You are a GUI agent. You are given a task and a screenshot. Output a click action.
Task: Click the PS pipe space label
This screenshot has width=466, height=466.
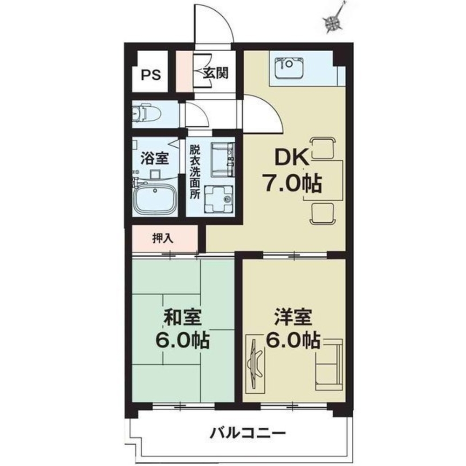(x=151, y=75)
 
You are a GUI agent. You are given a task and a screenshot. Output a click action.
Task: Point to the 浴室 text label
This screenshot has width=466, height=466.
(x=154, y=158)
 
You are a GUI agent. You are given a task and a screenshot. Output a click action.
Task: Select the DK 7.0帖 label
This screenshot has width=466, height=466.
(x=293, y=171)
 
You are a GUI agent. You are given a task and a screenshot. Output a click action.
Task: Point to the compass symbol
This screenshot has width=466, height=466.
(x=334, y=21)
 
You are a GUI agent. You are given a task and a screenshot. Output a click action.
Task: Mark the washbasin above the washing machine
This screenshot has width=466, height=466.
(x=223, y=159)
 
